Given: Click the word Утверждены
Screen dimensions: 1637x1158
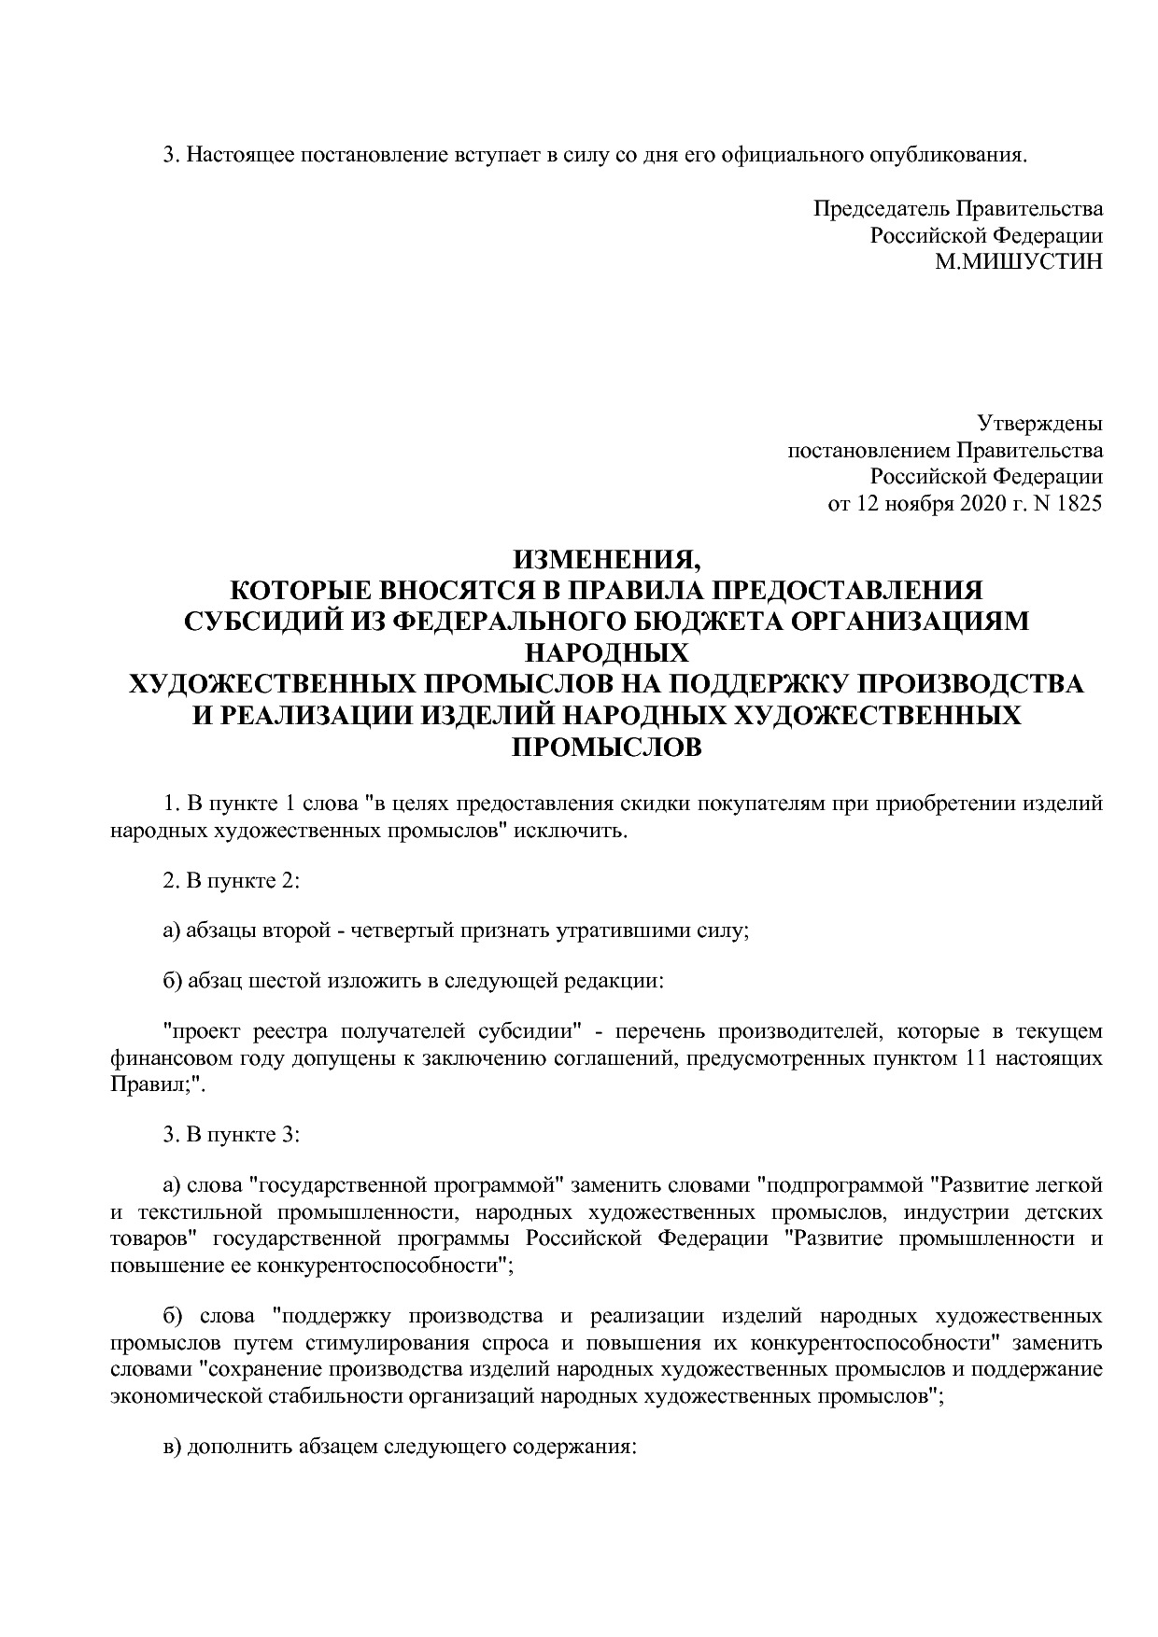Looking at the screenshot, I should [1039, 424].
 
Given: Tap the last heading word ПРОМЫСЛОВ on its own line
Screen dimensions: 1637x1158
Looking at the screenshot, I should [606, 747].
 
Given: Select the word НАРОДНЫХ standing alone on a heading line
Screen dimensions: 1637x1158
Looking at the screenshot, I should [606, 652].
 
